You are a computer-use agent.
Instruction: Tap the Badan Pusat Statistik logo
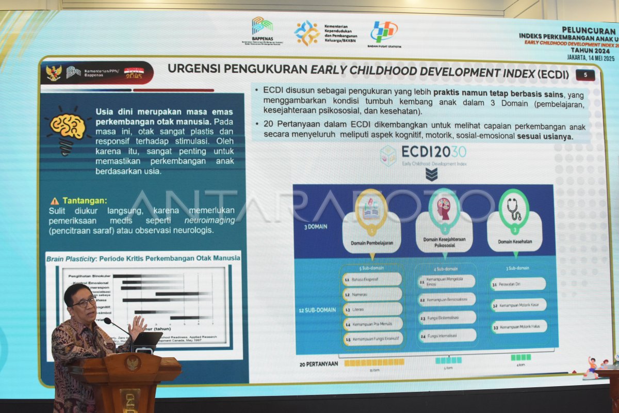pyautogui.click(x=384, y=32)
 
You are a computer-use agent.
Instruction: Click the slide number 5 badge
pyautogui.click(x=585, y=75)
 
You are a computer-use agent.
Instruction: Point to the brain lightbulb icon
pyautogui.click(x=68, y=129)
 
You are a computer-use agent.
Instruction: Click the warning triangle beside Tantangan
pyautogui.click(x=55, y=201)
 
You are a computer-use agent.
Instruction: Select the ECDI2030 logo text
pyautogui.click(x=433, y=152)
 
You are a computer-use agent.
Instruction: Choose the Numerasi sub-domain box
pyautogui.click(x=372, y=294)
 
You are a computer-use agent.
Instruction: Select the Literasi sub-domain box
pyautogui.click(x=372, y=309)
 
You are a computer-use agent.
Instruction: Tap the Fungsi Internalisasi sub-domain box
pyautogui.click(x=447, y=336)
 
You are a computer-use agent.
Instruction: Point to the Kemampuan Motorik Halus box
pyautogui.click(x=518, y=327)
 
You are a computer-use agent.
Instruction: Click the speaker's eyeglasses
pyautogui.click(x=84, y=303)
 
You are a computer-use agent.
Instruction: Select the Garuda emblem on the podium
pyautogui.click(x=133, y=363)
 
